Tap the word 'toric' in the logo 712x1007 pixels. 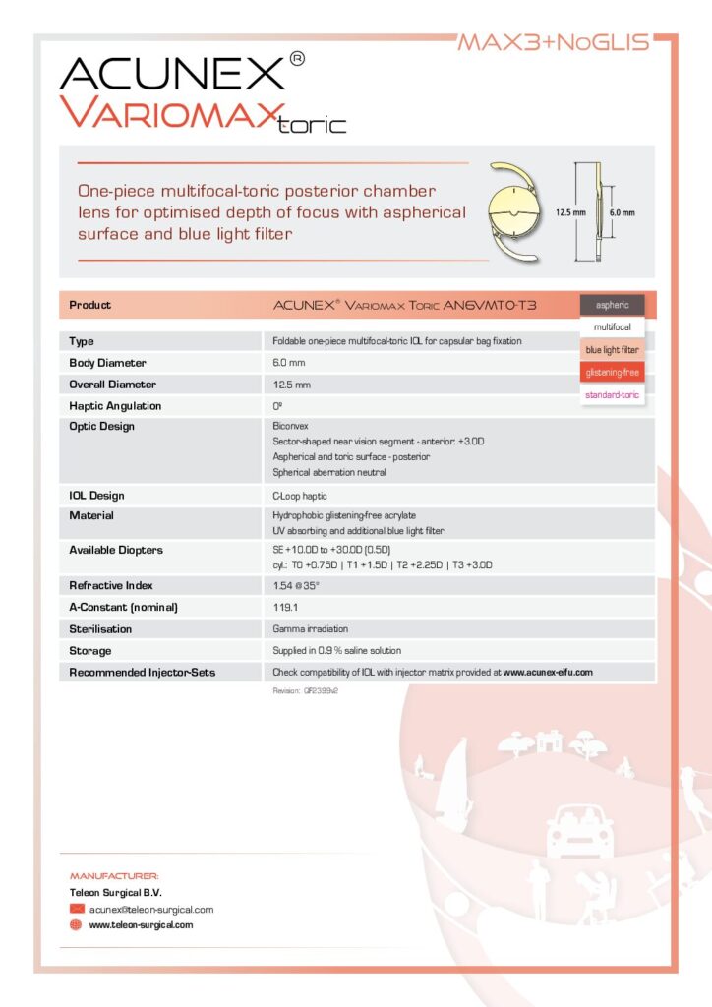click(313, 125)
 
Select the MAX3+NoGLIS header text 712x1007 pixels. click(554, 42)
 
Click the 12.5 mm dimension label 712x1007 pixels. click(570, 211)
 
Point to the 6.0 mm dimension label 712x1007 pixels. click(622, 211)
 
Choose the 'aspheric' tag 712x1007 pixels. click(612, 305)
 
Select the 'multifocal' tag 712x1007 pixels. click(612, 326)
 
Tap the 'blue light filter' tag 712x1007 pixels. click(612, 350)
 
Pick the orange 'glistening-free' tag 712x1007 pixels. click(612, 373)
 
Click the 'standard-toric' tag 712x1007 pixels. click(612, 395)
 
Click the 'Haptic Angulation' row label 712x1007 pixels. click(115, 406)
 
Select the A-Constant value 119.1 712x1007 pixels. click(285, 607)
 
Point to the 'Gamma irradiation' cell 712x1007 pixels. click(310, 628)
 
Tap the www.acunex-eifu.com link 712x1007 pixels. click(548, 673)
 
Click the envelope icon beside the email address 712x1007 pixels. click(77, 910)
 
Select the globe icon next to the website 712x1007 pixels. click(77, 925)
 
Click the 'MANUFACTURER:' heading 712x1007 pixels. click(114, 875)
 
